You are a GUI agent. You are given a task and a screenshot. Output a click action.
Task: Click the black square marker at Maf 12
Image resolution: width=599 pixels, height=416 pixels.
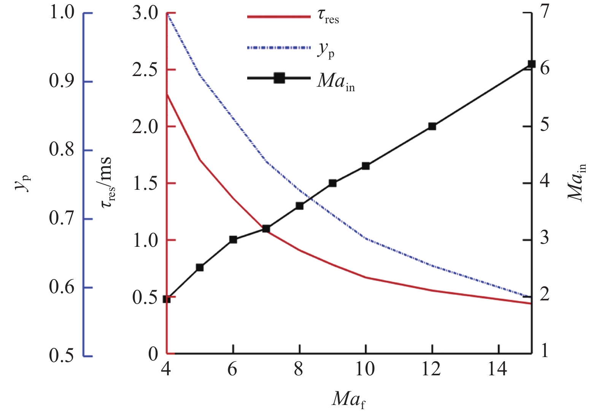tap(432, 126)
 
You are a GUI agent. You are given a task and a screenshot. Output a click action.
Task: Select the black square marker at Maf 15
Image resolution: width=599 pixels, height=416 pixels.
tap(531, 64)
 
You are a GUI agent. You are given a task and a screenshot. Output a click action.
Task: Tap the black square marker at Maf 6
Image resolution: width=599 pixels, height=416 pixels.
tap(233, 240)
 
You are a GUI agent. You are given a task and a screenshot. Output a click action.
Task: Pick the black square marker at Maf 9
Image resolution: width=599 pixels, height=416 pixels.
tap(332, 183)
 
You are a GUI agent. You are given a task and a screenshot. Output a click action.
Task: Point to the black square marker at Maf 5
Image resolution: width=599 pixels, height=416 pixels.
tap(200, 267)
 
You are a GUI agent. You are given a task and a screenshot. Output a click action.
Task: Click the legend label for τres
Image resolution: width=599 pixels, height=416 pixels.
tap(328, 17)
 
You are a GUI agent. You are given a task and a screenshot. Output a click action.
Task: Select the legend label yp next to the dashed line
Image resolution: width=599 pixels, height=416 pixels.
tap(326, 50)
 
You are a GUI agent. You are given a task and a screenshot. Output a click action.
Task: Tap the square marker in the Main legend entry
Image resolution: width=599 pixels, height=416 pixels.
tap(280, 78)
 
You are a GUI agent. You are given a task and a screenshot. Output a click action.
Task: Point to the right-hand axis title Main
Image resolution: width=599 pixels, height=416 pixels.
tap(577, 182)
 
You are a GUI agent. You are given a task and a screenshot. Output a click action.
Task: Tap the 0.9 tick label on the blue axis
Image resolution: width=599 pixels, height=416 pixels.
tap(61, 81)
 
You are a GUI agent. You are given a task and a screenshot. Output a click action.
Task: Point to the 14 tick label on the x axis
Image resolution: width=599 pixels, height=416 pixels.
tap(498, 369)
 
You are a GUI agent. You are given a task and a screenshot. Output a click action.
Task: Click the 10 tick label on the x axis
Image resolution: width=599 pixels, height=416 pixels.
tap(365, 369)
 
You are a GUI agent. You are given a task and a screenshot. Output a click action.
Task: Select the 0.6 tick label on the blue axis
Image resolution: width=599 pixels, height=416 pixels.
tap(61, 287)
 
